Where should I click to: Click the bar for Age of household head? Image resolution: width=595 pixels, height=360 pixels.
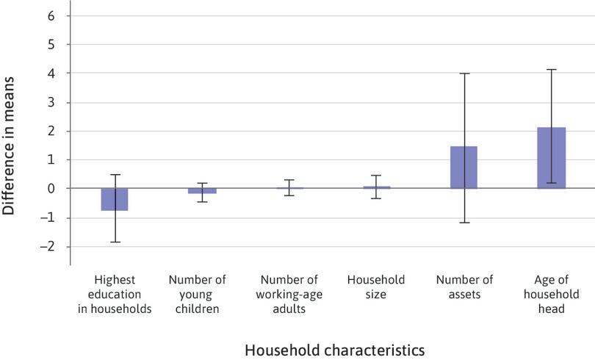pos(551,158)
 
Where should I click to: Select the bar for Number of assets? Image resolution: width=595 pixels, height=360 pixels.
pos(464,168)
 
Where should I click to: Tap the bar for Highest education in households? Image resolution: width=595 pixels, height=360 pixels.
pos(115,199)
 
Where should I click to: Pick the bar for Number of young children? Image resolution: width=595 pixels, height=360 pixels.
pos(202,191)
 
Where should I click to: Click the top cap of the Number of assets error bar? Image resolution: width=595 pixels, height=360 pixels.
pos(464,73)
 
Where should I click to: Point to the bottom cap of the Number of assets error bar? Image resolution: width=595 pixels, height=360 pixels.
pos(464,222)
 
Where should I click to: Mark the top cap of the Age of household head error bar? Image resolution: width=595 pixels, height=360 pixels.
pos(551,70)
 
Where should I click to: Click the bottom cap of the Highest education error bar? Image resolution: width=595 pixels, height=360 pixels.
pos(115,242)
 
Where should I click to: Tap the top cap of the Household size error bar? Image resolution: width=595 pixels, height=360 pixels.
pos(376,176)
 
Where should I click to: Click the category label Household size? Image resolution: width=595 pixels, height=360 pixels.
pos(376,287)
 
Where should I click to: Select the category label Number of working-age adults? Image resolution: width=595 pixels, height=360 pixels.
pos(289,294)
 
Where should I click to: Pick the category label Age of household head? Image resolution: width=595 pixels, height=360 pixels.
pos(551,294)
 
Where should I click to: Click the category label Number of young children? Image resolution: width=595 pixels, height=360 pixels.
pos(198,294)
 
